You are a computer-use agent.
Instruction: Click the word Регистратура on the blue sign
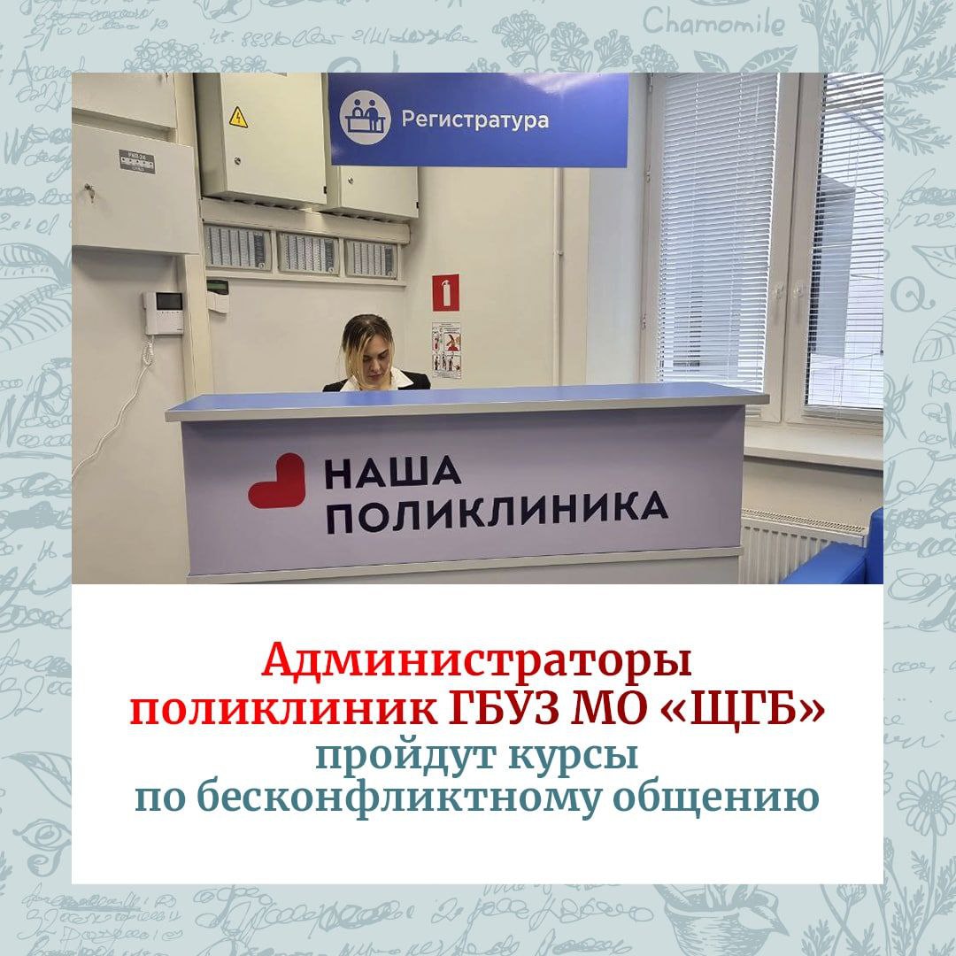(474, 119)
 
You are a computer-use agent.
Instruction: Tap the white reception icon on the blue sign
(366, 119)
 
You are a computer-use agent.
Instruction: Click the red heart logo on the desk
(276, 481)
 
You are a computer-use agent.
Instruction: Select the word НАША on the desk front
(392, 474)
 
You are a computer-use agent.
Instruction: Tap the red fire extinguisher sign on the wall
(445, 292)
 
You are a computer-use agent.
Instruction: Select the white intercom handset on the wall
(163, 312)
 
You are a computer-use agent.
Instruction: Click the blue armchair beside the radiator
(841, 558)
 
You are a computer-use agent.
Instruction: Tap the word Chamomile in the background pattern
(713, 23)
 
